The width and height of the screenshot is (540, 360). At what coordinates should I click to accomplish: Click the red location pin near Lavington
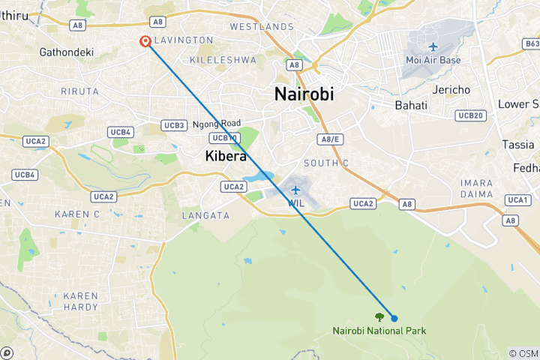tap(144, 42)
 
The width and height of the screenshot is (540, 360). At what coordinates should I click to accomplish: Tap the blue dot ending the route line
tap(394, 318)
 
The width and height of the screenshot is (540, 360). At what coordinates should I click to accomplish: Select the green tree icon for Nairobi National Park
tap(379, 317)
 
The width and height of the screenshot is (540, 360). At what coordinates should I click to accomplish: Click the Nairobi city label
tap(304, 94)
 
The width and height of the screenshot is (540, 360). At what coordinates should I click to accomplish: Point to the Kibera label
tap(226, 156)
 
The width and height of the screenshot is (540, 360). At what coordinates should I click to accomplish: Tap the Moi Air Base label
tap(433, 60)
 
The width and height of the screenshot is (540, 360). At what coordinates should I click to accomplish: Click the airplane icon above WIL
tap(295, 189)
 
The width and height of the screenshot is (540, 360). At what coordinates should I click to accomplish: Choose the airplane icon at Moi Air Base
tap(433, 46)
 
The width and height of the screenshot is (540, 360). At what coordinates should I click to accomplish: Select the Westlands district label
tap(261, 26)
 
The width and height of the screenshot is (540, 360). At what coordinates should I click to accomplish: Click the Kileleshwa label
tap(222, 59)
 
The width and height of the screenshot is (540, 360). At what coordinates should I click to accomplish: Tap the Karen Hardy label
tap(80, 301)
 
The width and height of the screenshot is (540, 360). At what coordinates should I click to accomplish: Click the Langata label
tap(205, 215)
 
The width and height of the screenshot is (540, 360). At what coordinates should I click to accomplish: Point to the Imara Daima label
tap(477, 188)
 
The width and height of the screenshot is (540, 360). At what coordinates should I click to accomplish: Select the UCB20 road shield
tap(471, 115)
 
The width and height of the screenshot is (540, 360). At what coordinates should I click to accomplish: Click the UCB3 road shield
tap(174, 124)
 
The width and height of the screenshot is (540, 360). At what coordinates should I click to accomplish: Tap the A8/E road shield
tap(331, 139)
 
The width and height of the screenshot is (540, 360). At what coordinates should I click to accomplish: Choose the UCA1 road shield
tap(517, 199)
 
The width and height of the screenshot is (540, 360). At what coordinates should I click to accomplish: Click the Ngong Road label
tap(217, 123)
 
